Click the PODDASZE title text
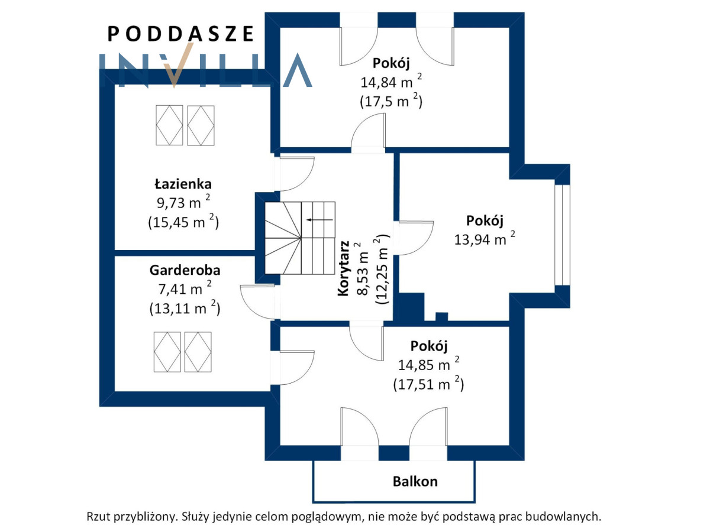click(180, 34)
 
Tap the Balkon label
click(415, 482)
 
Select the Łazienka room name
click(183, 184)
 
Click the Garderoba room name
click(185, 270)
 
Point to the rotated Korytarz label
click(343, 268)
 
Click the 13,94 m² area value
click(485, 239)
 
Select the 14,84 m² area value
click(391, 82)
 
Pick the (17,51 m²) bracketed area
click(428, 384)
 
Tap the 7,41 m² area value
click(185, 288)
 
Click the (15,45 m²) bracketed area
click(183, 221)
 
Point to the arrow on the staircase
click(319, 220)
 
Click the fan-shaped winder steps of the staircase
click(283, 238)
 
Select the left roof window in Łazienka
click(169, 125)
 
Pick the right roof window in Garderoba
click(198, 352)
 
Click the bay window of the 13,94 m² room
click(562, 235)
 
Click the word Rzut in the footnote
click(98, 516)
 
